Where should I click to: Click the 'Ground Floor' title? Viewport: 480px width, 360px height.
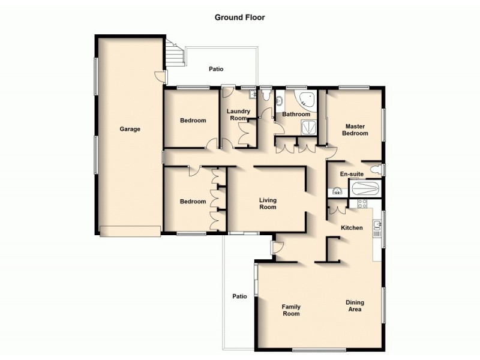[239, 17]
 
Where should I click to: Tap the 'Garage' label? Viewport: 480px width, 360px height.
[130, 129]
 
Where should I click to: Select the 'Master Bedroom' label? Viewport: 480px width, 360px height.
[355, 130]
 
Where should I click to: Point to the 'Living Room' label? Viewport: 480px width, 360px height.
[268, 203]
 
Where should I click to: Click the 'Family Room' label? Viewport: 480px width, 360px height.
[291, 310]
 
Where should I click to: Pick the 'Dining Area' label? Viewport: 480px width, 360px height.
[355, 306]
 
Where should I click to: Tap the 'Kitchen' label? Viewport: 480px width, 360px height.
[352, 228]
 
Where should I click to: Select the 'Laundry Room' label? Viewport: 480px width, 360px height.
[238, 115]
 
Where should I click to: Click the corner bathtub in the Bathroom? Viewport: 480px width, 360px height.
[306, 100]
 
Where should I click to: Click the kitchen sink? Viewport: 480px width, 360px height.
[377, 226]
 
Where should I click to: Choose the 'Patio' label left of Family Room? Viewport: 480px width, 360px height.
[240, 296]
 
